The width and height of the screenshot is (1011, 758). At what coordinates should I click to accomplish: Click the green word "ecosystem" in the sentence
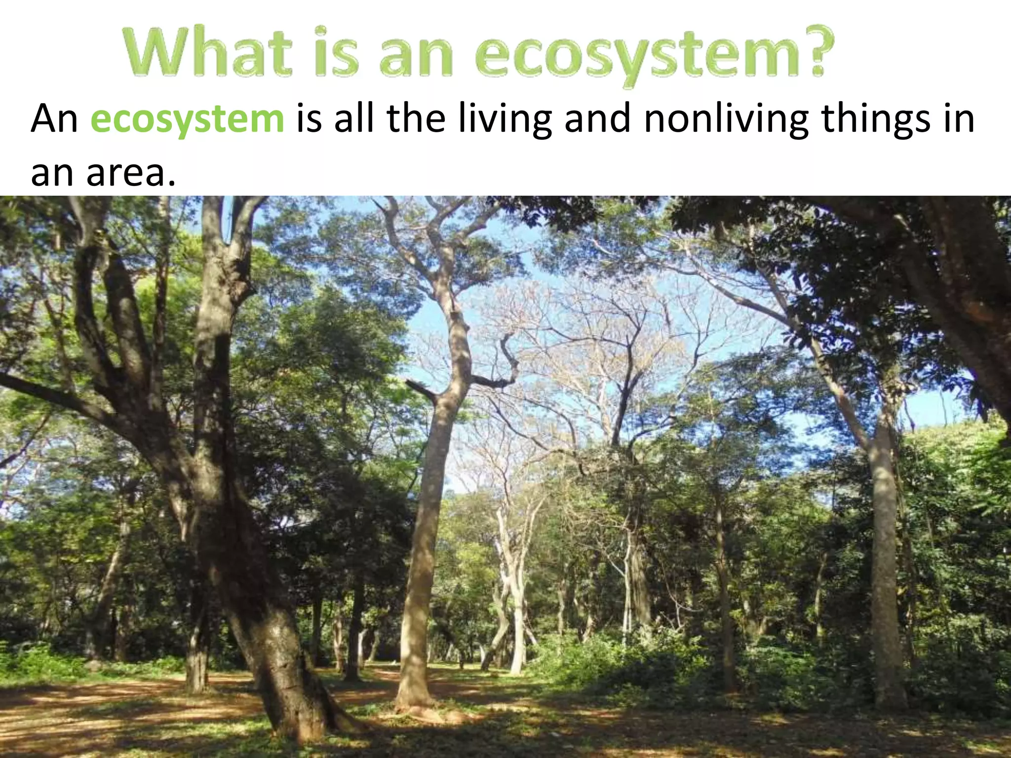pyautogui.click(x=187, y=120)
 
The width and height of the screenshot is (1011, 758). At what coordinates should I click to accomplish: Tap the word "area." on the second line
pyautogui.click(x=131, y=173)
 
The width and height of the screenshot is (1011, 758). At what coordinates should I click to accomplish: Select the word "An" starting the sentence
pyautogui.click(x=54, y=120)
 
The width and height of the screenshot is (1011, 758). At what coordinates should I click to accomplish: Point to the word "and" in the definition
pyautogui.click(x=597, y=120)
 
